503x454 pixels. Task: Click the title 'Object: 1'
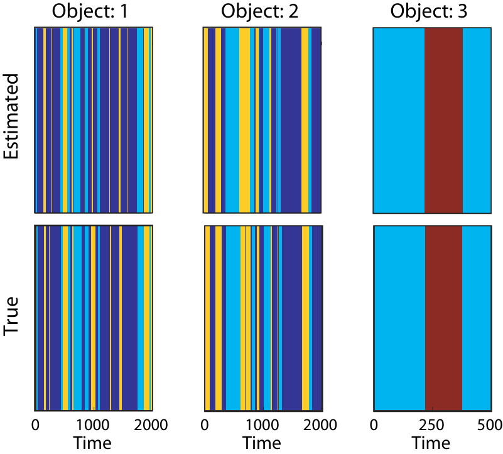[90, 11]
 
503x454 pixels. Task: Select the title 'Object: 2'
[259, 11]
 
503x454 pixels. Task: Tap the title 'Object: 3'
[428, 11]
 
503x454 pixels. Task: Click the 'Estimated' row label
[11, 116]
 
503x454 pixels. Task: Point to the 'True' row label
[11, 316]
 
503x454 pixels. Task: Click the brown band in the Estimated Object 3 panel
[443, 121]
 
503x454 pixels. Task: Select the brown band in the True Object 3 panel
[443, 318]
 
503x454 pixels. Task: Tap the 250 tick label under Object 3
[432, 425]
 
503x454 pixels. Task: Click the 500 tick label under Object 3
[490, 425]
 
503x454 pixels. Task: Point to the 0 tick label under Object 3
[374, 425]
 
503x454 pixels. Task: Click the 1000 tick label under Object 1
[93, 425]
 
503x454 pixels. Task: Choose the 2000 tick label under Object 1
[151, 425]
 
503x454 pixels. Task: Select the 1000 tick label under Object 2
[262, 425]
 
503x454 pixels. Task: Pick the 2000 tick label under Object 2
[320, 425]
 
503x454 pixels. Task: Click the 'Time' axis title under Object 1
[92, 443]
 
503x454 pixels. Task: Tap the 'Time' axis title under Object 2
[262, 443]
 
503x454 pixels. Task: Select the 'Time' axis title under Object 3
[431, 443]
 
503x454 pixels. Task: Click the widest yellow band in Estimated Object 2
[244, 121]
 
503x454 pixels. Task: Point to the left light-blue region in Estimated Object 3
[399, 121]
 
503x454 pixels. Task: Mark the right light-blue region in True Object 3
[477, 318]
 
